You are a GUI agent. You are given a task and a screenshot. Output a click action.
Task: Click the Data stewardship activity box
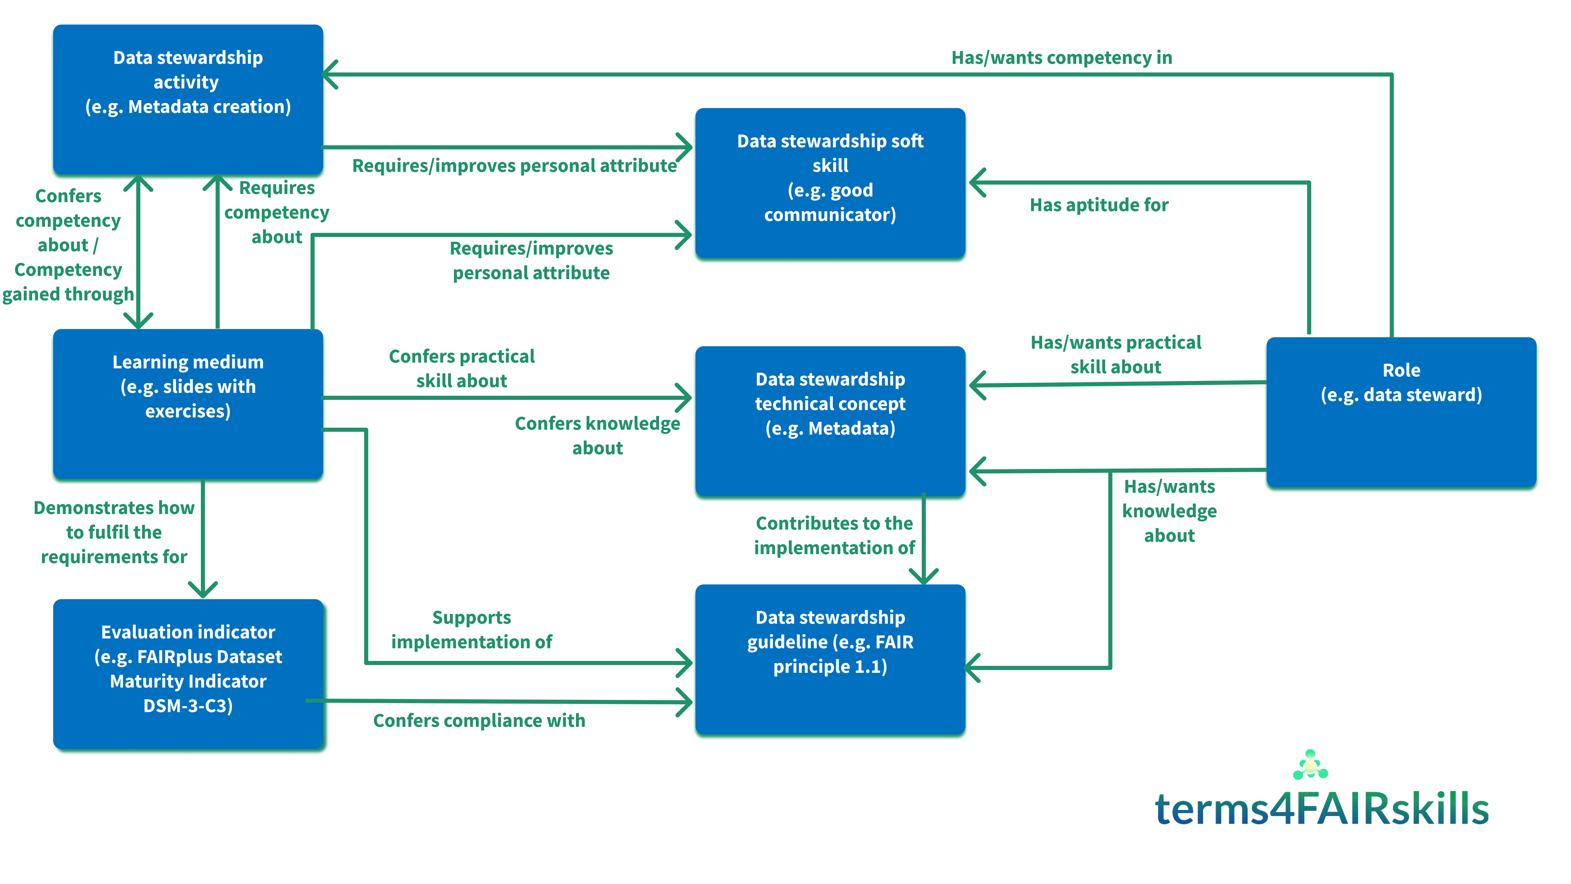188,100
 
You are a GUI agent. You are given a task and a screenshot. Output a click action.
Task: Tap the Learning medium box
188,404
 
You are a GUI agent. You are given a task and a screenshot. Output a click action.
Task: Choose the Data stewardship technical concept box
830,422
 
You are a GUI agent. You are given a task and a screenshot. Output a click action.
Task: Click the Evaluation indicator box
188,674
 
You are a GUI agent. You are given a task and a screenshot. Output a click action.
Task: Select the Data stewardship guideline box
830,659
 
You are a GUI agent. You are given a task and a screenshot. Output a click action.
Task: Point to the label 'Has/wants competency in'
1062,57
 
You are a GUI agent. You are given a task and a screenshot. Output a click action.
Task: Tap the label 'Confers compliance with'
479,720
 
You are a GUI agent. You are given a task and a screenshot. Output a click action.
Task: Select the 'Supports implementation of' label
471,629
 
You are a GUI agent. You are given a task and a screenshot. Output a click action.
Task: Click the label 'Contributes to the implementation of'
834,535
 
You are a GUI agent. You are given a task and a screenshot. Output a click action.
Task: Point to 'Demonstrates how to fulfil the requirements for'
114,532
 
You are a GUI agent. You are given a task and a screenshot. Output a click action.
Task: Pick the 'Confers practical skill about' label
461,368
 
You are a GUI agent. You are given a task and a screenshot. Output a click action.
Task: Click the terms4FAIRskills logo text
1321,808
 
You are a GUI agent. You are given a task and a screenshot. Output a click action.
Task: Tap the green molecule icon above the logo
1310,764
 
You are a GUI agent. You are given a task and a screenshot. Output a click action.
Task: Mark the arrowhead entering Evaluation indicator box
203,589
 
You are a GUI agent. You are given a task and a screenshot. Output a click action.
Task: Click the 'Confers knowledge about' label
597,435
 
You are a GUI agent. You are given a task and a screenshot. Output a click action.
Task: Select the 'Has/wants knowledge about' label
1169,511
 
